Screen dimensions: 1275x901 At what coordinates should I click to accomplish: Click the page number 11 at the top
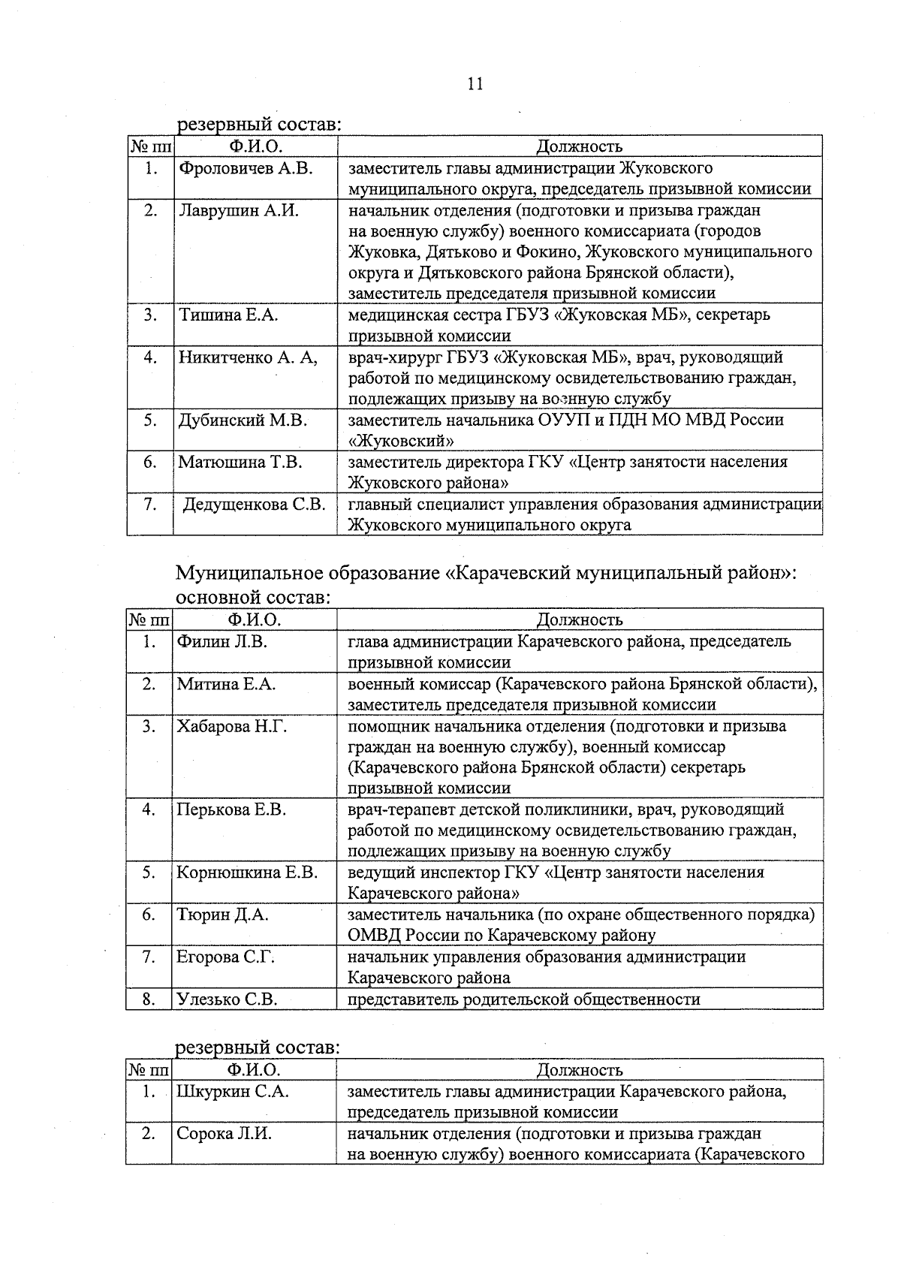[475, 84]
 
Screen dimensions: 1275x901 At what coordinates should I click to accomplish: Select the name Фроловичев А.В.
[245, 168]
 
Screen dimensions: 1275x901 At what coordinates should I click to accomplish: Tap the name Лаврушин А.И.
[238, 210]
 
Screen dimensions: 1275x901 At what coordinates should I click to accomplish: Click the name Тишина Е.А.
[228, 315]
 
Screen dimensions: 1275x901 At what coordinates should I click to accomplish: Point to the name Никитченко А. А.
[247, 357]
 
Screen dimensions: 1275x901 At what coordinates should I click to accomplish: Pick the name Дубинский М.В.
[242, 420]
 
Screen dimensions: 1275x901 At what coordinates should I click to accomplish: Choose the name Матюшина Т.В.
[240, 463]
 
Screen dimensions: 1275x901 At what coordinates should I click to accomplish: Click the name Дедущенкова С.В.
[255, 505]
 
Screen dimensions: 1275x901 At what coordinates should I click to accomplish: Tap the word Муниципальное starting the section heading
[249, 574]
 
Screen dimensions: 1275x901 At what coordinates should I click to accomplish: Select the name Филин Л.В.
[222, 642]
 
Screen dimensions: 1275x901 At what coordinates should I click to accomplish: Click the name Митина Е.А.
[227, 684]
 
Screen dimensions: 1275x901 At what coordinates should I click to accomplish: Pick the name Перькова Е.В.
[231, 810]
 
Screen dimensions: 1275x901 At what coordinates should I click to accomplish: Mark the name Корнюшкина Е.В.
[247, 873]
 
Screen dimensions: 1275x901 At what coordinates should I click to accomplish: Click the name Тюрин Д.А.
[222, 915]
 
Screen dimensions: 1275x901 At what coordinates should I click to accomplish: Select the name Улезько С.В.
[227, 999]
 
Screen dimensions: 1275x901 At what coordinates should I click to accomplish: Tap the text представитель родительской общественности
[523, 999]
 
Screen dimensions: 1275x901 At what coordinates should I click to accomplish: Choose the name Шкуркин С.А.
[232, 1092]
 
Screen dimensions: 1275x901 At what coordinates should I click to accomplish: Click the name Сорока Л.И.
[224, 1134]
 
